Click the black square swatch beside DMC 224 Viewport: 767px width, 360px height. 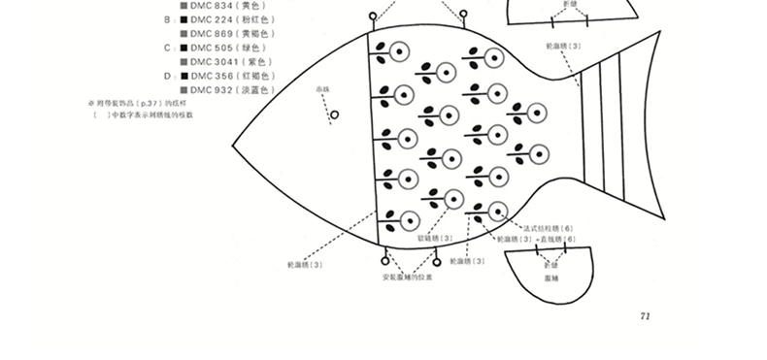pos(183,18)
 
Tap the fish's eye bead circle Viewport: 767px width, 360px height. pos(335,115)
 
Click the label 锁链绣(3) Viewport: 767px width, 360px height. pos(435,238)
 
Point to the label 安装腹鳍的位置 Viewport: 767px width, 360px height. pos(408,278)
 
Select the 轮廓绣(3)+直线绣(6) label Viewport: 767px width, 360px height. pos(535,239)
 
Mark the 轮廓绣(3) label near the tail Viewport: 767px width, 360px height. pos(563,46)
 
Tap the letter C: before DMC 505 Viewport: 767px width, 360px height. pos(168,48)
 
